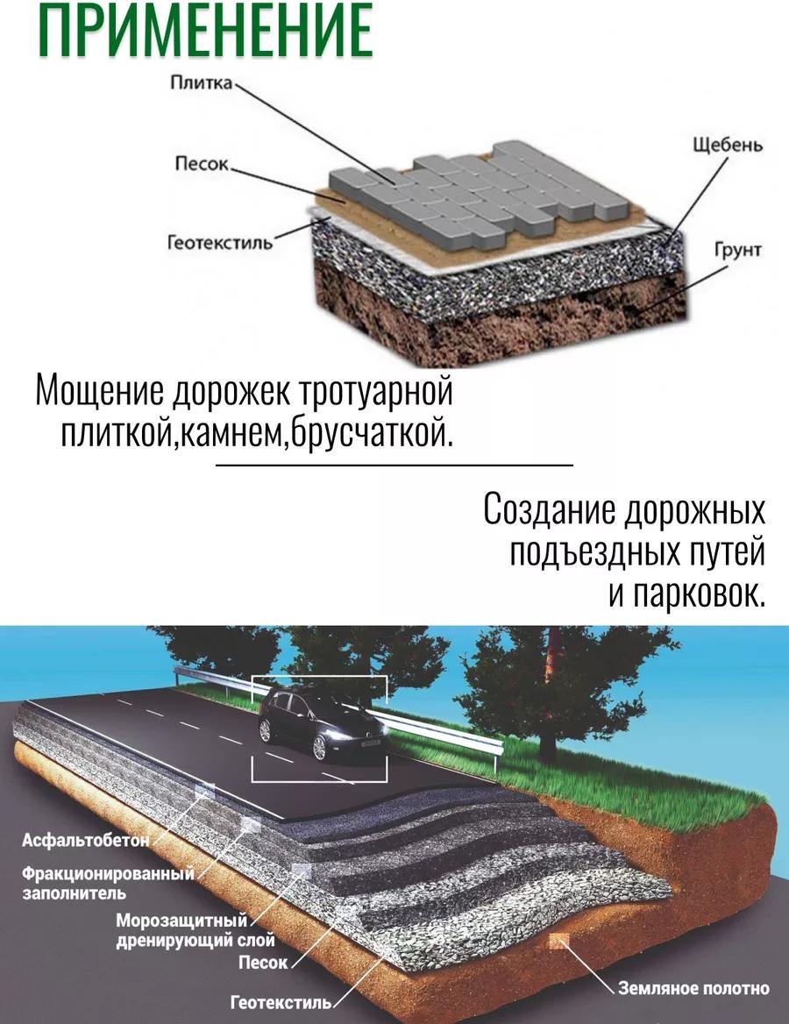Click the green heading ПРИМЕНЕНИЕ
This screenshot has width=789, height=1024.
pos(205,30)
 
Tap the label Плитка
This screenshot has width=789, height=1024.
pos(201,83)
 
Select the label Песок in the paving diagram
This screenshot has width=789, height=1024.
pos(202,163)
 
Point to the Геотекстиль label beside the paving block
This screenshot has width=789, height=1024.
pos(220,243)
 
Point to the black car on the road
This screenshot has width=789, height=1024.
pos(321,723)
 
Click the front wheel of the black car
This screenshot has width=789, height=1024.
pos(319,747)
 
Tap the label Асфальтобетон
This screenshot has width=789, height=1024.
pos(86,840)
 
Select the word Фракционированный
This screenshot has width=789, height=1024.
pos(109,873)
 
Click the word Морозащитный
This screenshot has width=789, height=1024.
pos(181,921)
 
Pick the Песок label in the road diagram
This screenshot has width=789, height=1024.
pos(263,962)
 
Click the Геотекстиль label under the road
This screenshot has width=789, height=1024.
pos(281,1002)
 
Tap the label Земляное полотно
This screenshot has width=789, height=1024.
pos(693,989)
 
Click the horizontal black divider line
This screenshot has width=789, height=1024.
pos(394,465)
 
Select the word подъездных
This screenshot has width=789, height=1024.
pos(594,552)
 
